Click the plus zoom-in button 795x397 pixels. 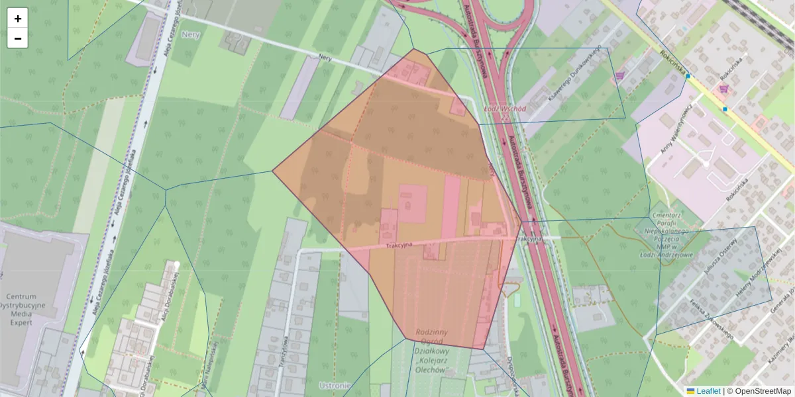[18, 19]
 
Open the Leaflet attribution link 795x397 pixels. [708, 391]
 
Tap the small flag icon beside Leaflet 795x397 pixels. [690, 391]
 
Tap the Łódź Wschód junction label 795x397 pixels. [505, 109]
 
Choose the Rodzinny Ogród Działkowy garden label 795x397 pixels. [433, 351]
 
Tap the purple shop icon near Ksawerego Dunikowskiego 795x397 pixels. [620, 76]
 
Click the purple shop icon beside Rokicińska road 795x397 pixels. [723, 88]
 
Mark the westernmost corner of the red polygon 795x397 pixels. [273, 171]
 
